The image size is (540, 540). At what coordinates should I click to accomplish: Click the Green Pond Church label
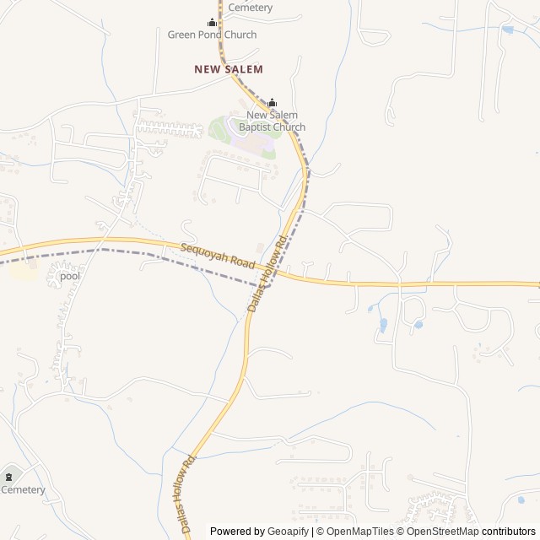(x=207, y=35)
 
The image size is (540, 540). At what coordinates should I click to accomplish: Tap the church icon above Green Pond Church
(x=213, y=22)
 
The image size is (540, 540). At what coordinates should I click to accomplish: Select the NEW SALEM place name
(x=229, y=69)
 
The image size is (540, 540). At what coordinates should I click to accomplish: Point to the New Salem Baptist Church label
(x=272, y=121)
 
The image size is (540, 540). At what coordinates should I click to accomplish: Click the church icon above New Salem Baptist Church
(x=272, y=104)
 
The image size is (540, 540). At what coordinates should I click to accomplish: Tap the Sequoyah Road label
(x=218, y=256)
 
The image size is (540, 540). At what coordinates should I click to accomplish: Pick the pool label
(x=70, y=276)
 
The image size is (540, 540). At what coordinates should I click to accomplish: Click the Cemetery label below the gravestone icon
(x=23, y=489)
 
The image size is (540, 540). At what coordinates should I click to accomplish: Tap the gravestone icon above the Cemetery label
(x=10, y=476)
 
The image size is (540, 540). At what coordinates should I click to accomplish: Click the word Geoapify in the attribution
(x=287, y=532)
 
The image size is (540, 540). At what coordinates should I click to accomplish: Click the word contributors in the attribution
(x=508, y=532)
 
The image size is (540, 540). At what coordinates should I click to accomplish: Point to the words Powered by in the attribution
(x=237, y=532)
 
